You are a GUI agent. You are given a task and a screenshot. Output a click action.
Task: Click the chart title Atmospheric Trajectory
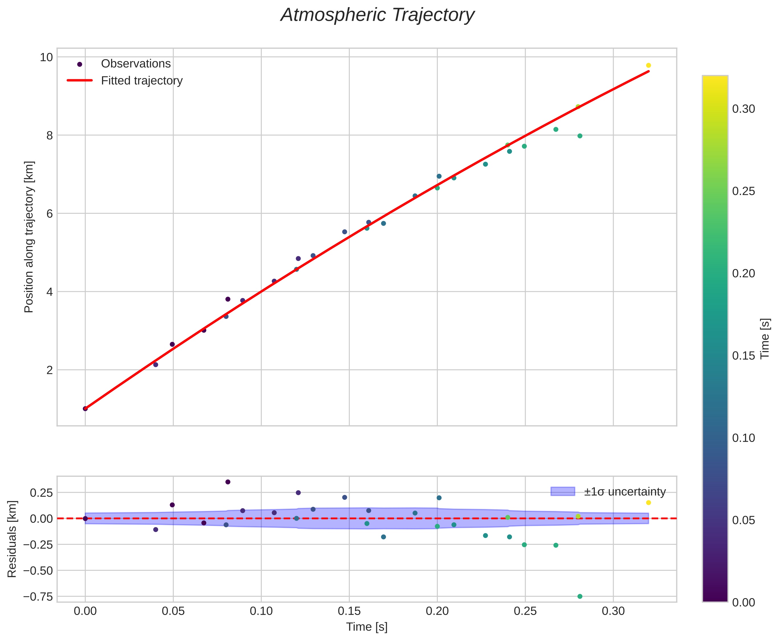pos(377,15)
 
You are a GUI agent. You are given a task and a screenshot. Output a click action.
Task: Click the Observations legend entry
pos(136,64)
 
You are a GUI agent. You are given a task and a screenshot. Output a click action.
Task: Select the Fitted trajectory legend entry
pos(142,81)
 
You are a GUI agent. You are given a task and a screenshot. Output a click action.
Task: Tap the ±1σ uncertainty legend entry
pos(625,492)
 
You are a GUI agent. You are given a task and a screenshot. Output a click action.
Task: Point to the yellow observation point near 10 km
pos(648,65)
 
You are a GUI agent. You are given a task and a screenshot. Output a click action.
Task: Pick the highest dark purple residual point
pos(228,482)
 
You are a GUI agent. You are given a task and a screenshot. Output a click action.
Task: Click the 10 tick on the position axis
pos(46,57)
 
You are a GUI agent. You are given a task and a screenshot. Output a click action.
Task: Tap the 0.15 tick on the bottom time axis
pos(349,612)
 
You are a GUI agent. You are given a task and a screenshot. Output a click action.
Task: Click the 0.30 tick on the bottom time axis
pos(613,612)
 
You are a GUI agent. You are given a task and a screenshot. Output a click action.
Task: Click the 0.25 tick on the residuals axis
pos(40,492)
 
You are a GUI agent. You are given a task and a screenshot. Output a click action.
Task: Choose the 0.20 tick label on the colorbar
pos(743,273)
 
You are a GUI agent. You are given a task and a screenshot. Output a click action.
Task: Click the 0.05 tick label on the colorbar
pos(743,520)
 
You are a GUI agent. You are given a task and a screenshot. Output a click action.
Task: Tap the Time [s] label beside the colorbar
pos(765,339)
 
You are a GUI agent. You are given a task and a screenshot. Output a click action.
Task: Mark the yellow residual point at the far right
pos(648,502)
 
